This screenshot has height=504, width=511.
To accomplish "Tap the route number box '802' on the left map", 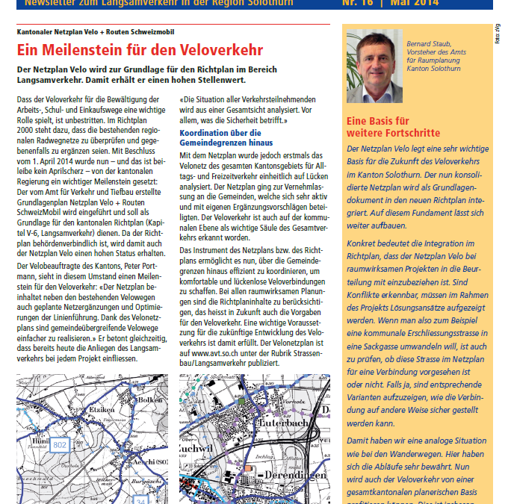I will [x=60, y=445].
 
